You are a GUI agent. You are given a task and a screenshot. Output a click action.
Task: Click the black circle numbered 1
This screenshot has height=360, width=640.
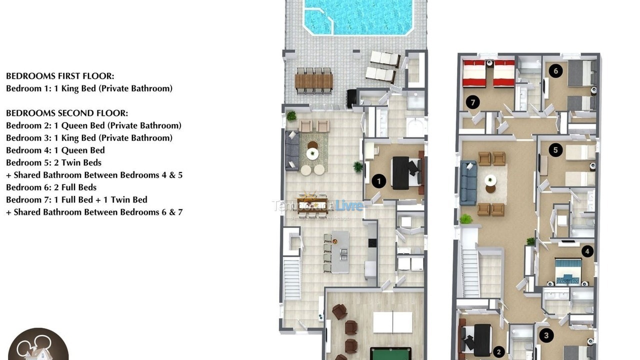[x=379, y=181]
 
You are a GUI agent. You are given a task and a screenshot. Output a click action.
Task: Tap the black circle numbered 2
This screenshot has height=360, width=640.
[x=498, y=351]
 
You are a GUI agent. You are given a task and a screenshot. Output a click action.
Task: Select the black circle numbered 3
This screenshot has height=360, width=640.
[x=546, y=335]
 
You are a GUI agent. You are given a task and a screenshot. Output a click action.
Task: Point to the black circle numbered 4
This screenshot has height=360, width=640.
[x=587, y=251]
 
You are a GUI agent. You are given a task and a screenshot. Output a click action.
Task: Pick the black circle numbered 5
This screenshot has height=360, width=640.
[x=555, y=150]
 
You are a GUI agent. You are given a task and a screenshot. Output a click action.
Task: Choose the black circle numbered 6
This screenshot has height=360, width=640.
[x=555, y=71]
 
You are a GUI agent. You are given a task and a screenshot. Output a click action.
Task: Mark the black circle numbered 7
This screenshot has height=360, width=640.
[x=472, y=102]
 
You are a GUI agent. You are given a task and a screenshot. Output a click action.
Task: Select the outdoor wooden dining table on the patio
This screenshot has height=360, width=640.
[x=314, y=81]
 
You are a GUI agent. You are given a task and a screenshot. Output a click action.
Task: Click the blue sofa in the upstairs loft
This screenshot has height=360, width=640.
[x=468, y=183]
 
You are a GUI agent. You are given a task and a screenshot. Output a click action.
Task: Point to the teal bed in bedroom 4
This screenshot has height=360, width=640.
[x=568, y=270]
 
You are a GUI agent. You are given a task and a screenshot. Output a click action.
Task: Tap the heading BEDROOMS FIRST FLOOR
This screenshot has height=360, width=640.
[x=60, y=76]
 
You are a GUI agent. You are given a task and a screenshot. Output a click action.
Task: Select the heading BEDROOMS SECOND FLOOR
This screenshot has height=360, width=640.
[x=67, y=113]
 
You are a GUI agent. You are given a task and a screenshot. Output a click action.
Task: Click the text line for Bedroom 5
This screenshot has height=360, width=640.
[x=53, y=162]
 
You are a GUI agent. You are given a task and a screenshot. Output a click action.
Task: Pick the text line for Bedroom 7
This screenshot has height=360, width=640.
[x=76, y=199]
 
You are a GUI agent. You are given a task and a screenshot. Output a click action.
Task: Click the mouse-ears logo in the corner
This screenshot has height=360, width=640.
[x=37, y=345]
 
